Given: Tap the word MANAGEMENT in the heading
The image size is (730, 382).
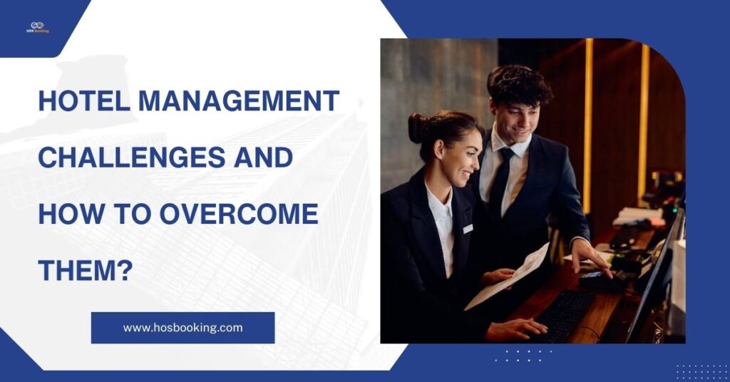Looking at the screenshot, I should point(238,101).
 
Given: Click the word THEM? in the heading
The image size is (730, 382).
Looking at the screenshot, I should point(85,269).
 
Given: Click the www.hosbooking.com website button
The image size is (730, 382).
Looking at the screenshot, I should point(182,328).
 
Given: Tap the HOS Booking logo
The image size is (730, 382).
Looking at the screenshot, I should point(37,26).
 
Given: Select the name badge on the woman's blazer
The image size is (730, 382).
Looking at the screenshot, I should point(467,228).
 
